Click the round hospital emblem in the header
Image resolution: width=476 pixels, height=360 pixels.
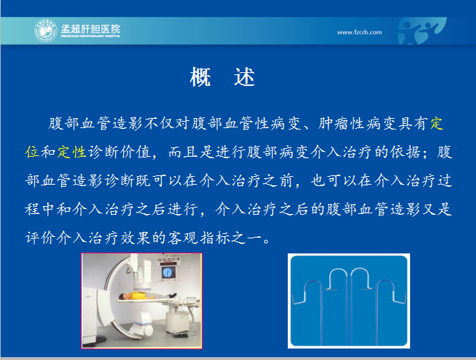(x=46, y=31)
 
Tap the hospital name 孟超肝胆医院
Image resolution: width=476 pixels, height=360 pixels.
(x=90, y=29)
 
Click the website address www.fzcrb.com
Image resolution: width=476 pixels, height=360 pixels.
(x=359, y=32)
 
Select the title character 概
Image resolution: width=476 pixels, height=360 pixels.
(x=200, y=77)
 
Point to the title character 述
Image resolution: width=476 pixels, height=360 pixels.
(x=244, y=77)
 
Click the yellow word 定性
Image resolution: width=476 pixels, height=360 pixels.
(x=72, y=152)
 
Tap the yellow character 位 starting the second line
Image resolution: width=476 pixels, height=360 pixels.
(x=32, y=152)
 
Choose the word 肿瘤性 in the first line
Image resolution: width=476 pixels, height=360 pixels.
(x=341, y=124)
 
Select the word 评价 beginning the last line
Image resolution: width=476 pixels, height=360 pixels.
(x=40, y=238)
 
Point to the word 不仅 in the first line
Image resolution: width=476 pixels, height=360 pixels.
(x=160, y=124)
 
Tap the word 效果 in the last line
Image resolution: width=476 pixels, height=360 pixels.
(x=135, y=238)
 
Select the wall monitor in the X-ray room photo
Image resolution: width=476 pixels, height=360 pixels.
(x=167, y=272)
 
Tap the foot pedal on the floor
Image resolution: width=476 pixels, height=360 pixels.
(x=180, y=335)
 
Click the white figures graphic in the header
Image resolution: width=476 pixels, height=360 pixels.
(x=422, y=31)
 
